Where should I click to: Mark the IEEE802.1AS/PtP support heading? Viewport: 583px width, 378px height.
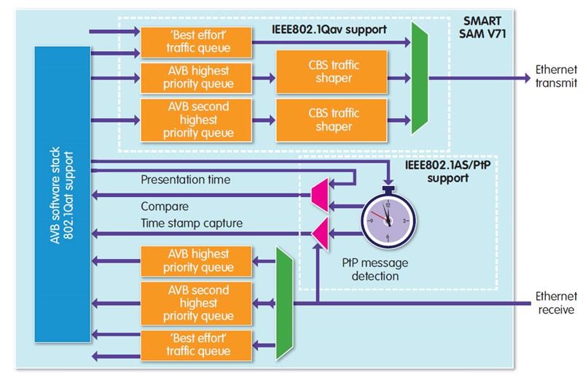pyautogui.click(x=439, y=171)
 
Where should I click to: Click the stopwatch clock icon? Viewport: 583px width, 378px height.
pyautogui.click(x=387, y=220)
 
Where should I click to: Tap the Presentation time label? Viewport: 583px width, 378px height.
pyautogui.click(x=186, y=179)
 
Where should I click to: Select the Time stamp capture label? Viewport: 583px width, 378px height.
pyautogui.click(x=192, y=223)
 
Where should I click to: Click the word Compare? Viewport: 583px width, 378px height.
pyautogui.click(x=165, y=206)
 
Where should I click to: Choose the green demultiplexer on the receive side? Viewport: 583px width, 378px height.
pyautogui.click(x=283, y=301)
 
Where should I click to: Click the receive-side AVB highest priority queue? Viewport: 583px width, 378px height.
pyautogui.click(x=196, y=261)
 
